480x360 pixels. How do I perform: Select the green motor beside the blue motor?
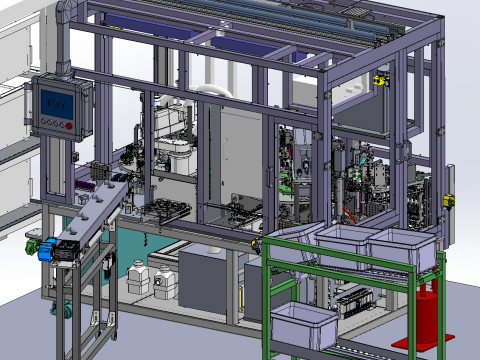pyautogui.click(x=33, y=240)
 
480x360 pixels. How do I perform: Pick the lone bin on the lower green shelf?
pyautogui.click(x=304, y=325)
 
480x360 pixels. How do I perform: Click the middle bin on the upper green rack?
pyautogui.click(x=349, y=244)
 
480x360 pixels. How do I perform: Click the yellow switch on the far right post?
pyautogui.click(x=448, y=199)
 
